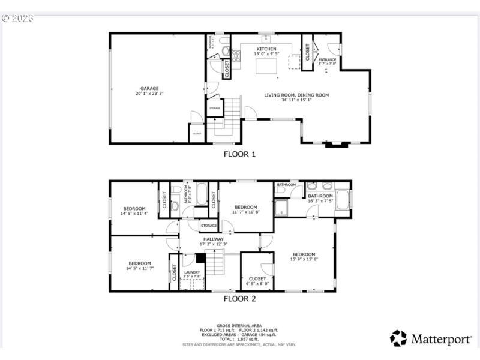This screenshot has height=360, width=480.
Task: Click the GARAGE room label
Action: tap(149, 89)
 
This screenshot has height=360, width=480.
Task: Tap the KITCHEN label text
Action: tap(266, 49)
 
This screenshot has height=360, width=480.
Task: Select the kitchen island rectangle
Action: tap(267, 65)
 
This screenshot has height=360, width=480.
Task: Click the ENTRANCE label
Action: tap(328, 60)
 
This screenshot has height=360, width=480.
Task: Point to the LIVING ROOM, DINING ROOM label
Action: tap(296, 95)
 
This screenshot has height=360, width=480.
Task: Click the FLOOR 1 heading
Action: tap(239, 154)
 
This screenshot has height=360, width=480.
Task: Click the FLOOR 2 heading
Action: tap(239, 298)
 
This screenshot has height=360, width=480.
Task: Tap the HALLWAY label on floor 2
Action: tap(213, 239)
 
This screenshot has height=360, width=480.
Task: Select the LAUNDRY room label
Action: tap(192, 272)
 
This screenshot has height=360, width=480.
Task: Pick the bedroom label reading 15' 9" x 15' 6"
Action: tap(304, 256)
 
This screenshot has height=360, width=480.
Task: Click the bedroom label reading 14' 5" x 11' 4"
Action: tap(133, 209)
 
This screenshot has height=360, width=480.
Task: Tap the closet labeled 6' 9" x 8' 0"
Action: tap(257, 279)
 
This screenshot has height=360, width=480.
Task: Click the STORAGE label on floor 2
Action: tap(209, 226)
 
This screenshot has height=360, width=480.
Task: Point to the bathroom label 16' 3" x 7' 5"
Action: tap(320, 196)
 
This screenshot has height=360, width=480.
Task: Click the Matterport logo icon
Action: tap(398, 338)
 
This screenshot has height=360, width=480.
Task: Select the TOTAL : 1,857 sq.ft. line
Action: tap(239, 340)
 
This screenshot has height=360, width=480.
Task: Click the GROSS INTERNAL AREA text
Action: tap(239, 326)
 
